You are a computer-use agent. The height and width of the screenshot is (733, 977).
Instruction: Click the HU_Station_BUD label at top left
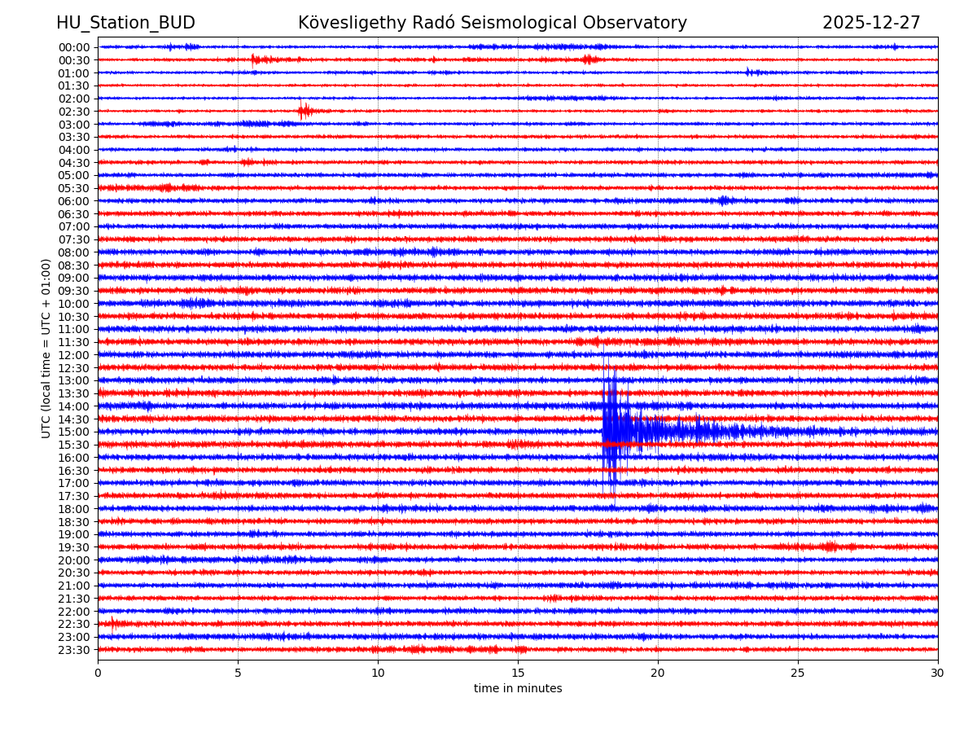pyautogui.click(x=125, y=24)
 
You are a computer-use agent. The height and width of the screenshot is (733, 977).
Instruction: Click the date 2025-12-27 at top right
pyautogui.click(x=871, y=24)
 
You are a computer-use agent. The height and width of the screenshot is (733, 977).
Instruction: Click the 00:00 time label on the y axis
pyautogui.click(x=73, y=47)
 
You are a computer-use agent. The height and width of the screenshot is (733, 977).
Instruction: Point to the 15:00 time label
pyautogui.click(x=73, y=432)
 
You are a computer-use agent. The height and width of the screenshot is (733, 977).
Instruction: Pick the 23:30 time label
pyautogui.click(x=73, y=650)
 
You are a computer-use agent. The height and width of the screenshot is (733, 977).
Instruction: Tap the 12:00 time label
pyautogui.click(x=73, y=355)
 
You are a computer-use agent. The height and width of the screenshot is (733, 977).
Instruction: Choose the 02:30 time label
pyautogui.click(x=73, y=112)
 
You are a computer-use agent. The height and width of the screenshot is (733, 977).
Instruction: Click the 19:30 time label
pyautogui.click(x=73, y=547)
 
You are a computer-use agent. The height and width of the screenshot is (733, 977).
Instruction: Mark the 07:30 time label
pyautogui.click(x=73, y=239)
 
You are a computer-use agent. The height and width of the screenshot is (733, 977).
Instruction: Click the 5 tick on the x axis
pyautogui.click(x=238, y=674)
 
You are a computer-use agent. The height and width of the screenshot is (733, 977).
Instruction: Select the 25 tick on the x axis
pyautogui.click(x=798, y=674)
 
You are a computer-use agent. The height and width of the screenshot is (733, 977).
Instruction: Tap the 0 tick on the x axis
pyautogui.click(x=98, y=674)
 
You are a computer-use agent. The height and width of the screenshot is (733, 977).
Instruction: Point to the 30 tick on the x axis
pyautogui.click(x=938, y=674)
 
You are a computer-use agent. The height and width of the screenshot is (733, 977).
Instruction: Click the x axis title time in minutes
pyautogui.click(x=518, y=689)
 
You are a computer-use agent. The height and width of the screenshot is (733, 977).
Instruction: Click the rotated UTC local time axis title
pyautogui.click(x=46, y=348)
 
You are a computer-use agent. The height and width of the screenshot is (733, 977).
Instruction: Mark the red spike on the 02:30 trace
pyautogui.click(x=304, y=111)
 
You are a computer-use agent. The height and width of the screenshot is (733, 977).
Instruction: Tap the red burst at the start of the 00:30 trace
pyautogui.click(x=255, y=59)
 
